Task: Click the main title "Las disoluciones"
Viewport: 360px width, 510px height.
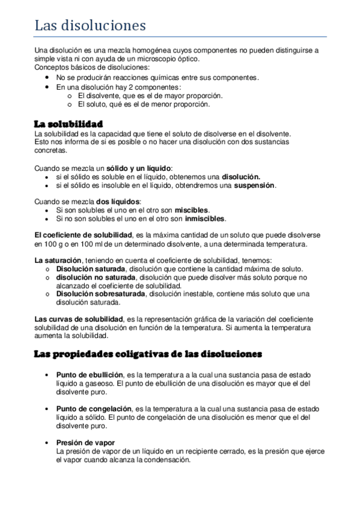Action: pos(90,25)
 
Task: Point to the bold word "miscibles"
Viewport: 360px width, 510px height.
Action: pos(191,210)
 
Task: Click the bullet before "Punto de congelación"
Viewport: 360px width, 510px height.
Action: pos(48,409)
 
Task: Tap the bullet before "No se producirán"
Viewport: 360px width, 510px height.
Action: pos(48,78)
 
